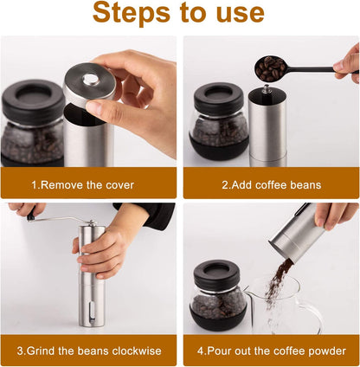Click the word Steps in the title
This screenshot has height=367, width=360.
[x=132, y=13]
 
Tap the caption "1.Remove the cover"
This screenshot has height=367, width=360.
[x=83, y=185]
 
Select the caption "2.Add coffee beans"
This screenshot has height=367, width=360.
[x=272, y=185]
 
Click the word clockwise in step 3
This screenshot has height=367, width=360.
[x=137, y=351]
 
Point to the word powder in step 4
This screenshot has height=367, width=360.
[x=327, y=351]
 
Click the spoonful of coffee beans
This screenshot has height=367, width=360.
[x=270, y=68]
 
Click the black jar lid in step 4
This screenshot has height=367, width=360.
[x=217, y=275]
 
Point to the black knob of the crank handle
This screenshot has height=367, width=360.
[x=31, y=215]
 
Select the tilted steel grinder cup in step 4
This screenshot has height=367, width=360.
[x=297, y=232]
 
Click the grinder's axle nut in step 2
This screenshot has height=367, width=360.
[x=267, y=89]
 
